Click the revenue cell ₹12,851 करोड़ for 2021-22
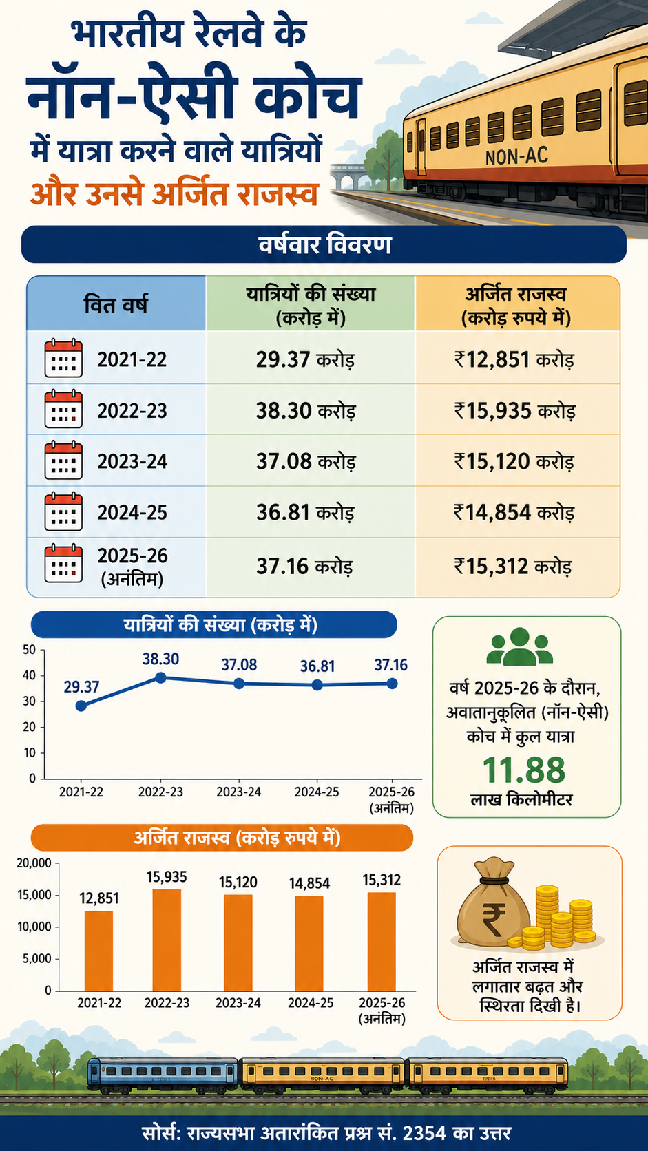coord(514,359)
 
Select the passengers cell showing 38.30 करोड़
coord(306,410)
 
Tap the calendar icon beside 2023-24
coord(64,461)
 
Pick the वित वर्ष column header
coord(116,304)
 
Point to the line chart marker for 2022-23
coord(160,678)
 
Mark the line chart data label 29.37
coord(81,687)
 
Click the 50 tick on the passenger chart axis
coord(30,650)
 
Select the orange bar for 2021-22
coord(98,951)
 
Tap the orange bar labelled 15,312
coord(382,942)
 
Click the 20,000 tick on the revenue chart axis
coord(34,863)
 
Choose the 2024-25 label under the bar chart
coord(311,1002)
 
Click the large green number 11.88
coord(523,770)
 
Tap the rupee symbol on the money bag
coord(493,921)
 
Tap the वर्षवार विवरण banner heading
coord(325,244)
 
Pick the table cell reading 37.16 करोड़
coord(305,567)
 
